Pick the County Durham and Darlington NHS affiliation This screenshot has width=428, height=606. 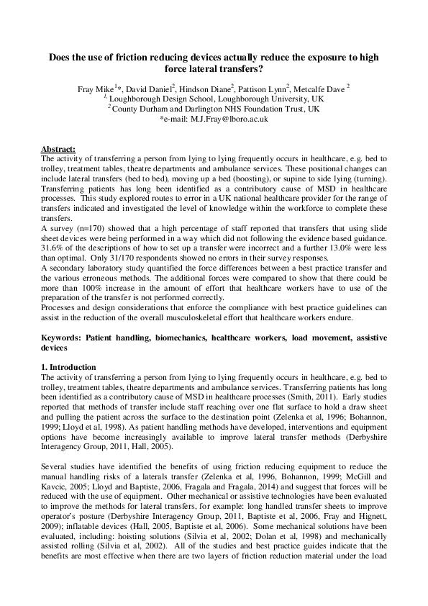tap(214, 109)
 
